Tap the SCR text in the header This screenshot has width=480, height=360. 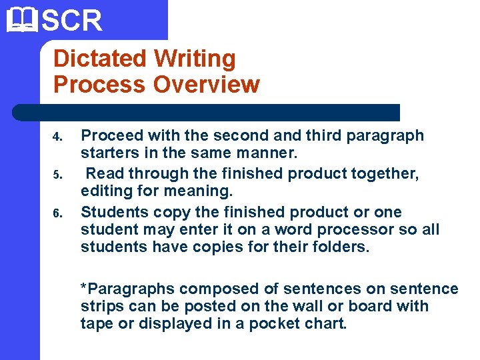73,20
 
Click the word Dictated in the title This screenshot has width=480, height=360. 101,59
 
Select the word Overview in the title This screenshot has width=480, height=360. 206,85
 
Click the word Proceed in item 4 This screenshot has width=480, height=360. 112,136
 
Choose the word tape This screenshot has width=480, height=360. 95,325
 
